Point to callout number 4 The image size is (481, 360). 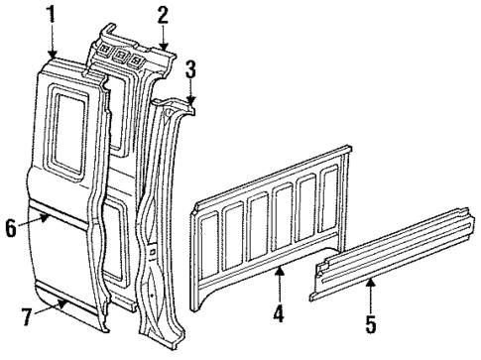[x=280, y=316]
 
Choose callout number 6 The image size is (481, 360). [x=11, y=227]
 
